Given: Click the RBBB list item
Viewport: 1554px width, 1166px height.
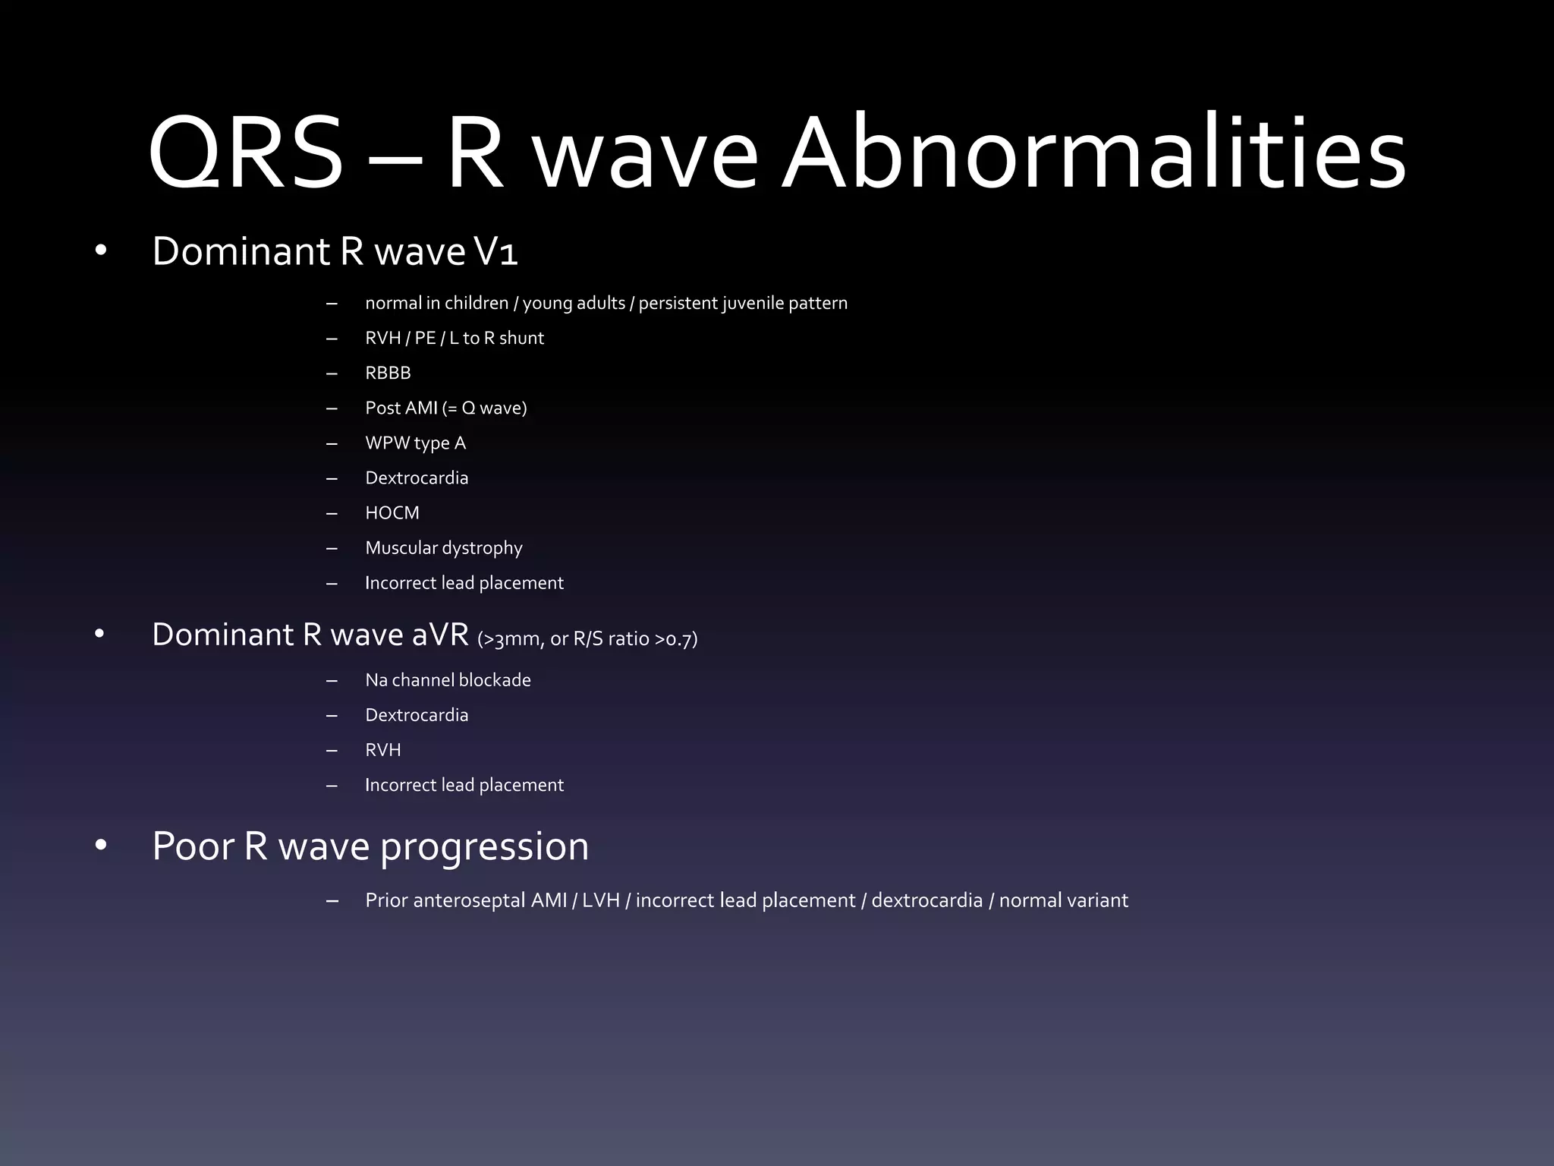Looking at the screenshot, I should tap(388, 373).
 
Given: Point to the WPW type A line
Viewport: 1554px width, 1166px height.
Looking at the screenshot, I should tap(415, 443).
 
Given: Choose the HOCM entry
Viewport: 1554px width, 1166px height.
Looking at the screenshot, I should tap(392, 512).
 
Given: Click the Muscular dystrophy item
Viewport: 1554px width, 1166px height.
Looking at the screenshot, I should tap(443, 548).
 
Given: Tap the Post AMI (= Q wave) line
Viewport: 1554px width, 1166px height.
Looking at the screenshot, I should tap(445, 408).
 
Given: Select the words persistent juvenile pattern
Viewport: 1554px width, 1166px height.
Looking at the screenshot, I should tap(743, 303).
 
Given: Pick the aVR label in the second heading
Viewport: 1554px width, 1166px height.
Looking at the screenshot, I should tap(440, 635).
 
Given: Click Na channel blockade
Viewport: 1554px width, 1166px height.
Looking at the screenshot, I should tap(448, 680).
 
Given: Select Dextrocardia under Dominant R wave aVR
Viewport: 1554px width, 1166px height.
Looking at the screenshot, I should tap(417, 715).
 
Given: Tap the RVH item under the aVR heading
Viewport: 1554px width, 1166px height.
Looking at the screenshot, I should tap(382, 750).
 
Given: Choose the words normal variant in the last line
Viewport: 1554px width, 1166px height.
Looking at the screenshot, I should tap(1063, 900).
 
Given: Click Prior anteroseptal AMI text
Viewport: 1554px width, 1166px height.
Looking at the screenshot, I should tap(466, 900).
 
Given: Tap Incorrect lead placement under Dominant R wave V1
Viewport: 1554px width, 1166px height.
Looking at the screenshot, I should tap(464, 583).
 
